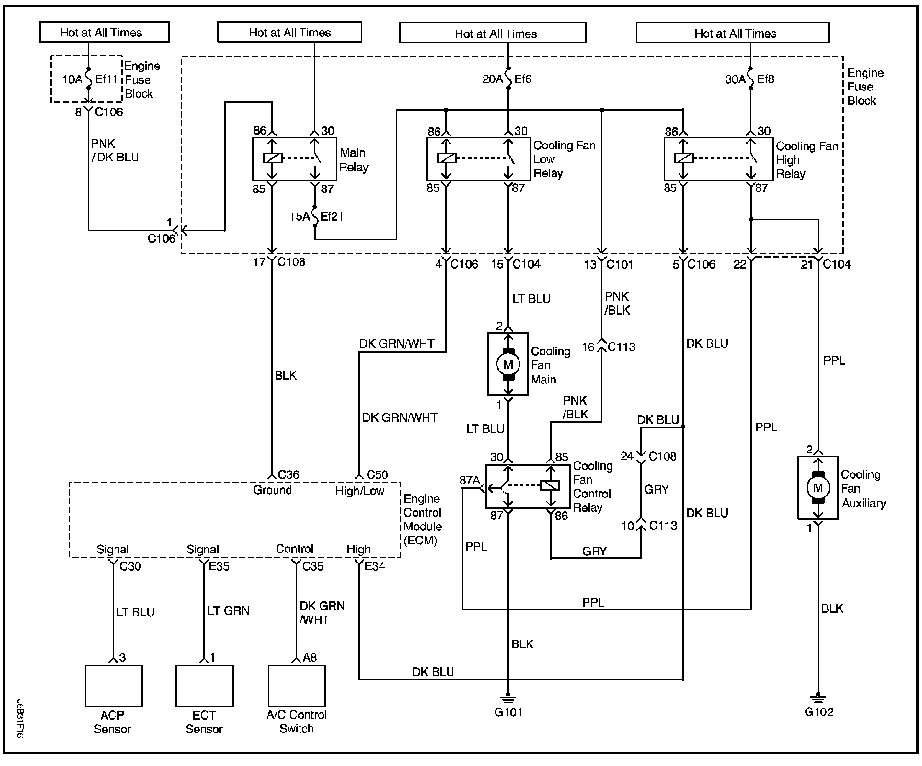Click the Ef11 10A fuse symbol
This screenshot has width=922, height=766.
pyautogui.click(x=89, y=79)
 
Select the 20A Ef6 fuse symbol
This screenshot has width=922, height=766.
pyautogui.click(x=508, y=79)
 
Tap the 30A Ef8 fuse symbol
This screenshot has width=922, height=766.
pyautogui.click(x=750, y=79)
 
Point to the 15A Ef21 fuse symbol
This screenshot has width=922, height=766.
pyautogui.click(x=315, y=216)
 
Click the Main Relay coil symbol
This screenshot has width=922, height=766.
pyautogui.click(x=273, y=158)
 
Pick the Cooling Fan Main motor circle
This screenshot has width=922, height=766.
pyautogui.click(x=508, y=365)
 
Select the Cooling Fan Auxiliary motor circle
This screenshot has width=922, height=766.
pyautogui.click(x=818, y=488)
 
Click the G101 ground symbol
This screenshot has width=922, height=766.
pyautogui.click(x=508, y=699)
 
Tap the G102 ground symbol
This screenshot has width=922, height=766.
pyautogui.click(x=818, y=698)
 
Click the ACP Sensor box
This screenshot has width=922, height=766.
pyautogui.click(x=114, y=686)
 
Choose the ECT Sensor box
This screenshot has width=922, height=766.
pyautogui.click(x=205, y=686)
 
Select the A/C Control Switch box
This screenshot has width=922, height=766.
pyautogui.click(x=297, y=686)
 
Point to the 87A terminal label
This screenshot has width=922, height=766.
pyautogui.click(x=469, y=480)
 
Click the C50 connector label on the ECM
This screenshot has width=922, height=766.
pyautogui.click(x=377, y=475)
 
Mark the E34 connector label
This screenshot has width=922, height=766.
pyautogui.click(x=374, y=566)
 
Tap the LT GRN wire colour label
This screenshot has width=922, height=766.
pyautogui.click(x=229, y=611)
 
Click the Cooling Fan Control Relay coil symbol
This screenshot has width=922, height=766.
pyautogui.click(x=550, y=485)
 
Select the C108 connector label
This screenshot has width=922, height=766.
pyautogui.click(x=662, y=456)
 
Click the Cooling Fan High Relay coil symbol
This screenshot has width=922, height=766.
pyautogui.click(x=684, y=158)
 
